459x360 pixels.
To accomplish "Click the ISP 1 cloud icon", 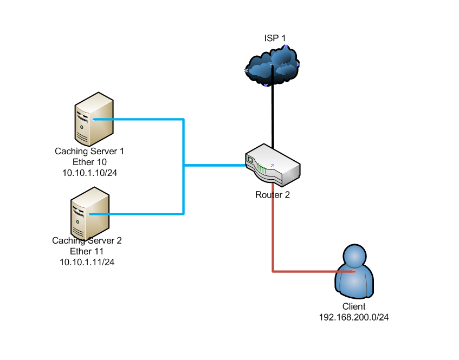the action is (x=271, y=66).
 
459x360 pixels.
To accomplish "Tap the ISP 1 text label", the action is (x=275, y=38).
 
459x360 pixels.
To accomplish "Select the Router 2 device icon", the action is (x=273, y=165).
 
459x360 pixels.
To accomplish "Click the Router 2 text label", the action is (x=273, y=195).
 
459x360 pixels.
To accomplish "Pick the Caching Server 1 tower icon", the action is (x=94, y=119).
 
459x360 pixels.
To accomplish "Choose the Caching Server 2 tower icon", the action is (x=90, y=214).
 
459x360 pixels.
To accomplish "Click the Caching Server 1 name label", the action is (x=89, y=151).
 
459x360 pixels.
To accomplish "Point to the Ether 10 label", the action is (x=89, y=162).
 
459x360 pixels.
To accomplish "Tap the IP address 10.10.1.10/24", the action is (x=89, y=173).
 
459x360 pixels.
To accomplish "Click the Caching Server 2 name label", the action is (x=87, y=240).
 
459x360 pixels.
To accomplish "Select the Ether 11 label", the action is (x=87, y=251).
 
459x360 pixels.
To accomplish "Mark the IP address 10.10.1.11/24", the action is (x=87, y=262).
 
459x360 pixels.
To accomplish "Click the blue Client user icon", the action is (x=354, y=271).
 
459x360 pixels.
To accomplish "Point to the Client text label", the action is (x=354, y=306).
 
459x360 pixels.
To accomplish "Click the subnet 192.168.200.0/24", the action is (x=354, y=317).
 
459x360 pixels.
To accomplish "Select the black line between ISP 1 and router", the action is (x=273, y=107).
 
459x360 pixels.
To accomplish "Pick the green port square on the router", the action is (x=250, y=160).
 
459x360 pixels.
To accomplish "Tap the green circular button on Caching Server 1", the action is (x=82, y=127).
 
